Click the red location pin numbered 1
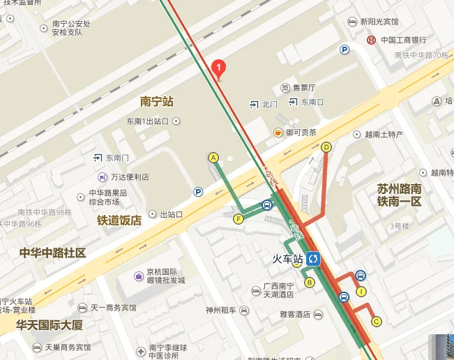tap(219, 68)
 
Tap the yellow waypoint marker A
tap(213, 158)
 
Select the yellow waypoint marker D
tap(326, 147)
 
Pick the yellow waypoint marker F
tap(239, 219)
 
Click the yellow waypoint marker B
tap(310, 282)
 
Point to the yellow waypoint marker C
tap(377, 321)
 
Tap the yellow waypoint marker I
tap(361, 292)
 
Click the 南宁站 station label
tap(156, 102)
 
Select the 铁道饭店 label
tap(119, 220)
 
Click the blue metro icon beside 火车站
tap(313, 259)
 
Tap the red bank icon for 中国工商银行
tap(372, 40)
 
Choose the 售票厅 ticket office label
tap(304, 88)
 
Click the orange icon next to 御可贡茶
tap(278, 133)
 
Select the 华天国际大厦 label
tap(50, 324)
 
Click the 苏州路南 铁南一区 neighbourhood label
tap(400, 195)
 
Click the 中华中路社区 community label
tap(52, 253)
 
